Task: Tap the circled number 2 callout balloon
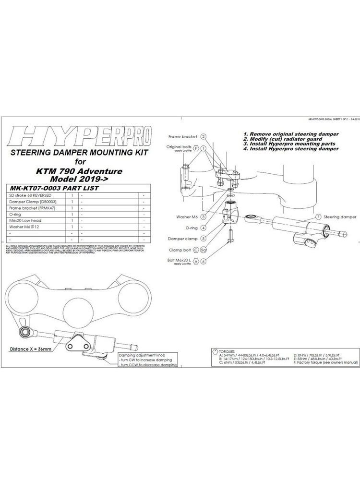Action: (x=204, y=137)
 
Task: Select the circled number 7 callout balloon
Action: (x=305, y=217)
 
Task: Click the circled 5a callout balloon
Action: (x=204, y=250)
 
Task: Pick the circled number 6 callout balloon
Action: (x=204, y=261)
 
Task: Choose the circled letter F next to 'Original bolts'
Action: (x=196, y=147)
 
